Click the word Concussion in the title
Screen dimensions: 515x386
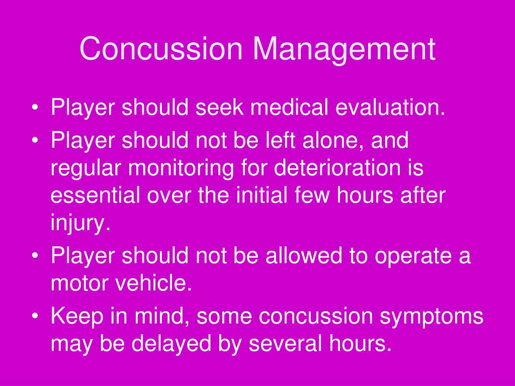(x=161, y=49)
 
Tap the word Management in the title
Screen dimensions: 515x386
(x=344, y=49)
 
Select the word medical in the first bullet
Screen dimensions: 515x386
(x=289, y=107)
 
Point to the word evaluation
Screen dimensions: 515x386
(x=390, y=107)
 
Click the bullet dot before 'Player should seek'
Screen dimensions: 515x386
(x=35, y=108)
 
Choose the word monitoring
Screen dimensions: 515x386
(x=181, y=168)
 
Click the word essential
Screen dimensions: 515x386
(x=95, y=195)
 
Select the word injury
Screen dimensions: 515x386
(x=80, y=223)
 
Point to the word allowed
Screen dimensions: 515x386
(x=304, y=255)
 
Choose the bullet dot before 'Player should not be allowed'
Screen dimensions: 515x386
(x=35, y=256)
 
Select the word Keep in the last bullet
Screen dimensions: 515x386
(x=77, y=317)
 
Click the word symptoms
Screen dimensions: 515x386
(x=432, y=317)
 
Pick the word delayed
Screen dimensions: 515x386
(x=171, y=344)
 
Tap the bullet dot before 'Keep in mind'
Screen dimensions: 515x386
(x=35, y=317)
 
